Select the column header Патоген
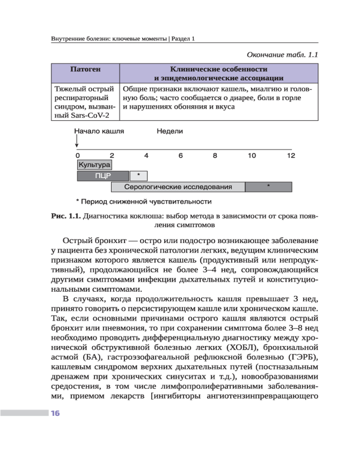click(x=85, y=70)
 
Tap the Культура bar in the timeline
click(x=94, y=165)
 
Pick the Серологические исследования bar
click(x=178, y=187)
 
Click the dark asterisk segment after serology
click(x=268, y=187)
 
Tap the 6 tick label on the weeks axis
click(x=180, y=156)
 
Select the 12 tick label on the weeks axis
click(x=291, y=156)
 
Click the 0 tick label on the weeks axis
click(x=77, y=156)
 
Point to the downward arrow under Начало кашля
click(x=77, y=142)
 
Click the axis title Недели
click(x=170, y=131)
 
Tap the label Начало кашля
click(x=99, y=131)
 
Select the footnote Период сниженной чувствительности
click(x=146, y=201)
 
